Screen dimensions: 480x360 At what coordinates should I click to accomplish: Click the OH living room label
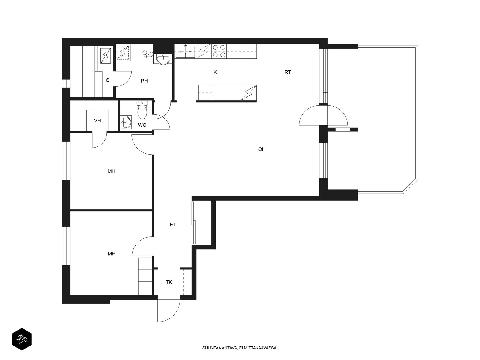point(262,149)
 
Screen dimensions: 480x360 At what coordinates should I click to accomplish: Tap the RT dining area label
point(288,72)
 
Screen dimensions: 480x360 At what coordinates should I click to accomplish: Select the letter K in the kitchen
point(215,72)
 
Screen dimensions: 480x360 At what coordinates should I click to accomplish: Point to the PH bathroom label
point(144,81)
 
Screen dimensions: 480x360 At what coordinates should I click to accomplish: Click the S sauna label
point(108,80)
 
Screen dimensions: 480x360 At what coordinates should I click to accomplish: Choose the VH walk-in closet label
point(97,120)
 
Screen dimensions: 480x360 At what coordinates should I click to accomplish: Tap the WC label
point(142,125)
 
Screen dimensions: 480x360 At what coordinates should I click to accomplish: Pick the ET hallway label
point(173,225)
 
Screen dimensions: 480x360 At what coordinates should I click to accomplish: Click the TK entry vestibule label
point(169,282)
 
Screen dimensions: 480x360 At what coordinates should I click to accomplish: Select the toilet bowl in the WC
point(142,110)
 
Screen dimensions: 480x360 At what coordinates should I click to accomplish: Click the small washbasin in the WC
point(126,122)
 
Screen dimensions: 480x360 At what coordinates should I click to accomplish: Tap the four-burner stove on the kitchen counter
point(219,51)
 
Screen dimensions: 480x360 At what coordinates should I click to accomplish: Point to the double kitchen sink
point(185,52)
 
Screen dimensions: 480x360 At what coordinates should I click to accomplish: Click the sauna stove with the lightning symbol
point(106,56)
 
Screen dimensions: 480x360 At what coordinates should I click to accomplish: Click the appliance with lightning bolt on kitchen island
point(249,93)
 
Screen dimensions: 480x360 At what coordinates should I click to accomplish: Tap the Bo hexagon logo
point(22,339)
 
